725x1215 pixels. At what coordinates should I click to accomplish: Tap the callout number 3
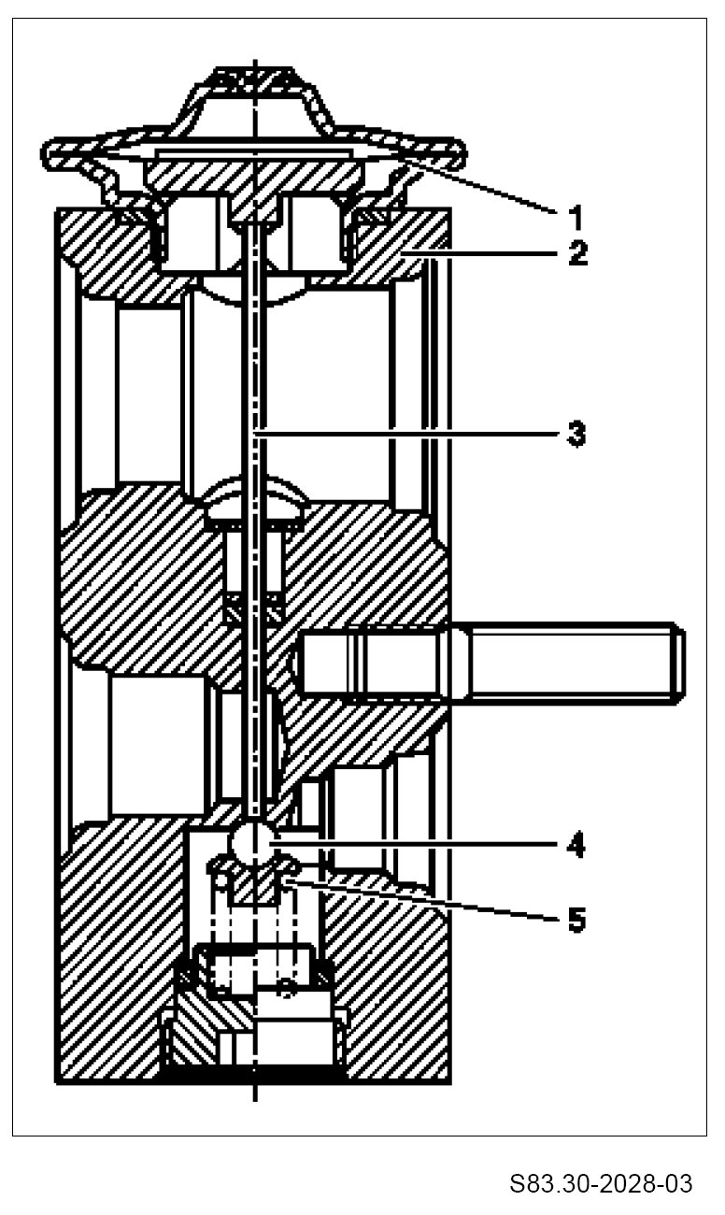coord(576,434)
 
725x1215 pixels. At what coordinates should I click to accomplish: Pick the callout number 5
coord(576,920)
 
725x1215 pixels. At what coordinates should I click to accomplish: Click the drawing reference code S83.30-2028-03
coord(601,1185)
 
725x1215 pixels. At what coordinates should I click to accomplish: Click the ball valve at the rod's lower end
coord(254,842)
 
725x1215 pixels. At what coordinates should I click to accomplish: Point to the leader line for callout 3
coord(411,434)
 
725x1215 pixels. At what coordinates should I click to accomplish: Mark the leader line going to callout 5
coord(420,898)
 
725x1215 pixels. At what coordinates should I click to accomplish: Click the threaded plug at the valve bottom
coord(254,1037)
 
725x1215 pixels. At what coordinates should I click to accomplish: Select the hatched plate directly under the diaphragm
coord(254,174)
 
